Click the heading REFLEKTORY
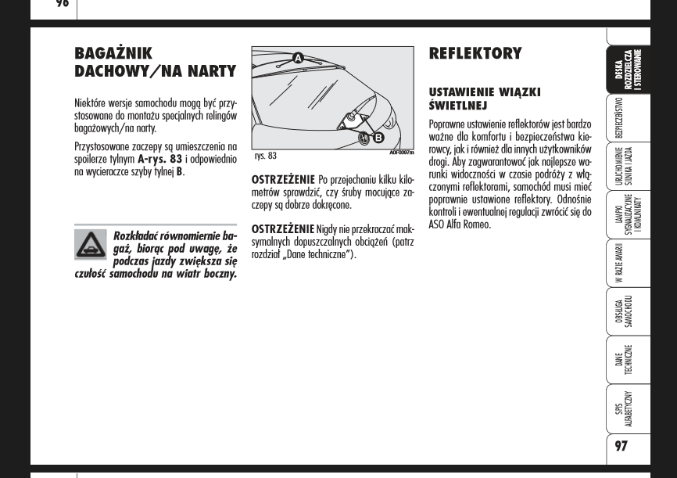[475, 53]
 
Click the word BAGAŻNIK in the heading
[113, 53]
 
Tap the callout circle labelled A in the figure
[298, 58]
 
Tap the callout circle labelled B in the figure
[378, 138]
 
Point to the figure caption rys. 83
[265, 156]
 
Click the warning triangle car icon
[91, 245]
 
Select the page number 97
[621, 446]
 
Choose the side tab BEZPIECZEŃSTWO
[620, 117]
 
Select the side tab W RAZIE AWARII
[620, 263]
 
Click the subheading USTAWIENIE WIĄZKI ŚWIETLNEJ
[484, 99]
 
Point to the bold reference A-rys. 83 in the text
[159, 159]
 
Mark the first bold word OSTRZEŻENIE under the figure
[283, 180]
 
